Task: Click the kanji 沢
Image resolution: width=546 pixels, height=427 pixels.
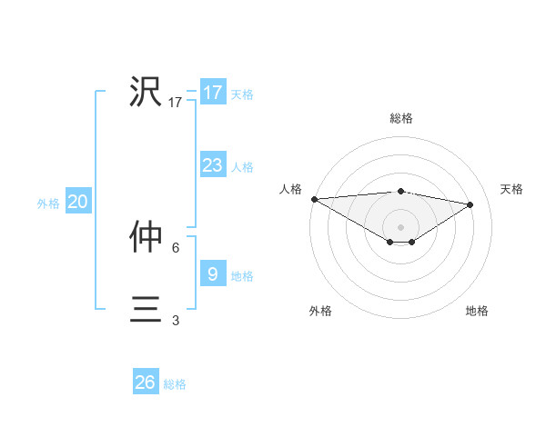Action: coord(146,92)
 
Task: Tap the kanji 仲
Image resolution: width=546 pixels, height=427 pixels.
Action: coord(146,237)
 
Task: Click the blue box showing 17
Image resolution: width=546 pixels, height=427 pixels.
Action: coord(212,93)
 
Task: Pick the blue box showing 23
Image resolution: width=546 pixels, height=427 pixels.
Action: coord(212,165)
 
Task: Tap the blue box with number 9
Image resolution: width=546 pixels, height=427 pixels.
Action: coord(212,273)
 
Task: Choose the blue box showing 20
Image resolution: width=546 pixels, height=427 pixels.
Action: coord(78,202)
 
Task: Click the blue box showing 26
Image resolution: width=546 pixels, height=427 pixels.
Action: coord(146,382)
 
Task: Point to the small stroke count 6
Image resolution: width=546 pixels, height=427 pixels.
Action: coord(176,247)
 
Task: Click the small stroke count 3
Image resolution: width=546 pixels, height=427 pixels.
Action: coord(176,320)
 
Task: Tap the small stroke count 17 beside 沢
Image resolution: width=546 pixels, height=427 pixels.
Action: coord(176,103)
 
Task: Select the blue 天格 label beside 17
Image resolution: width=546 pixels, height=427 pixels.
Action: coord(242,94)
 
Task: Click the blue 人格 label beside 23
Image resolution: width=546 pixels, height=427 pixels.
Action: coord(242,166)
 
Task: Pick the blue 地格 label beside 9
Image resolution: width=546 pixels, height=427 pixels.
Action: coord(242,275)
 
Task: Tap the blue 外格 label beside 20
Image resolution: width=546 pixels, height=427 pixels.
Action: coord(48,204)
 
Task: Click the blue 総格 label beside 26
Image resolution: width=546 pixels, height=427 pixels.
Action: coord(175,384)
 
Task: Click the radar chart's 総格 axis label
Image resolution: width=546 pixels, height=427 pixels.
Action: coord(400,118)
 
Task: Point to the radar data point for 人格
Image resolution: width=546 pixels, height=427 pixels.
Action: coord(314,199)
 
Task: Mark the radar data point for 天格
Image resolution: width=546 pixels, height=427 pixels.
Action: coord(470,204)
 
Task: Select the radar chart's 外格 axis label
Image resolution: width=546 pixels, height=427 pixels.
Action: coord(320,311)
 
